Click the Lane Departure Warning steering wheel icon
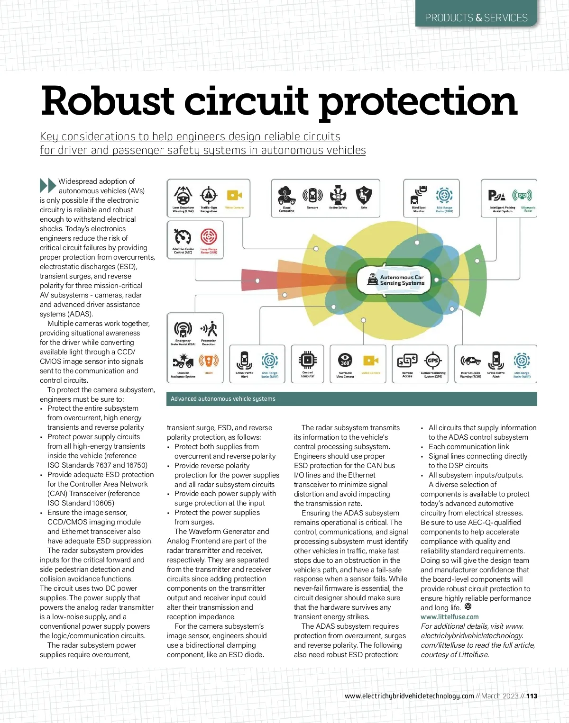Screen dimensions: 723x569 [x=183, y=195]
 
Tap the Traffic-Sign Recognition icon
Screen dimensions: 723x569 [x=209, y=195]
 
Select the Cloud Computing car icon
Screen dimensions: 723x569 [x=286, y=195]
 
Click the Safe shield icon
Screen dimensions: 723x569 [x=364, y=195]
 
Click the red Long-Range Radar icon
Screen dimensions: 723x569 [x=209, y=236]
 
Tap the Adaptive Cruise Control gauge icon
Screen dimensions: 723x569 [x=183, y=237]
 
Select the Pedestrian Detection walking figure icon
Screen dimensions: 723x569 [x=209, y=328]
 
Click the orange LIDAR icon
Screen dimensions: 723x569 [x=209, y=361]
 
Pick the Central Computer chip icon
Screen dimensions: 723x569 [x=307, y=361]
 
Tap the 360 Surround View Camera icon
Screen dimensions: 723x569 [x=345, y=361]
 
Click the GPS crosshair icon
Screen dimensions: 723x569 [x=433, y=361]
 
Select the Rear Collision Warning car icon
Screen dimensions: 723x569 [x=470, y=361]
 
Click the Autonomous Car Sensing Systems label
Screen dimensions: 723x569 [x=402, y=280]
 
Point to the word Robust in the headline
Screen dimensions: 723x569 [x=108, y=101]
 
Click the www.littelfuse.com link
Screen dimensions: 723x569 [x=449, y=617]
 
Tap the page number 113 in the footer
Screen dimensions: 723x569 [x=532, y=696]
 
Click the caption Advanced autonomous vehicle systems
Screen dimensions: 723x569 [x=223, y=399]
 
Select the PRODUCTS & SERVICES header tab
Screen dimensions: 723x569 [x=476, y=18]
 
